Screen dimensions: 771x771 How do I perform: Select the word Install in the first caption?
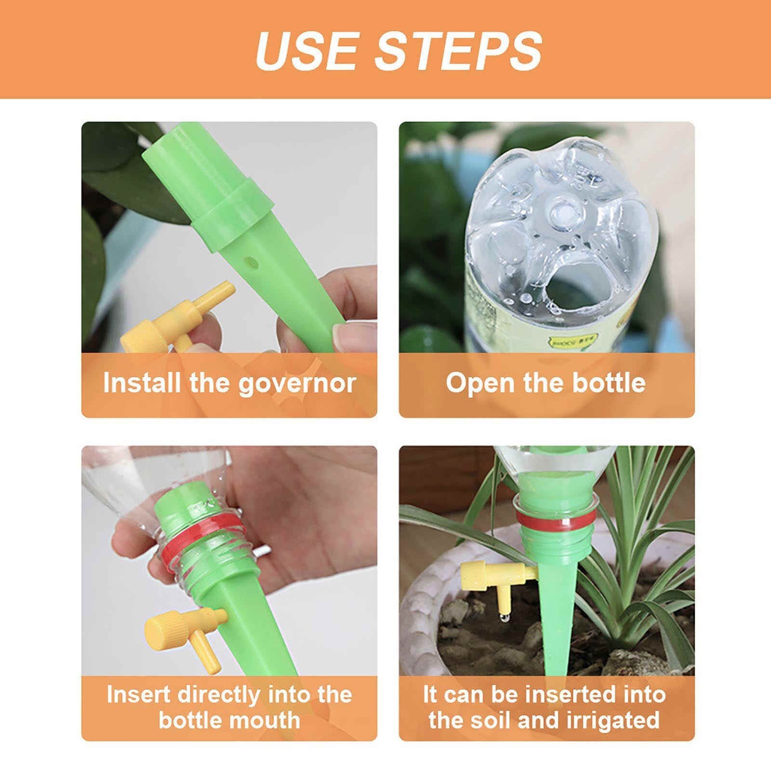(x=142, y=384)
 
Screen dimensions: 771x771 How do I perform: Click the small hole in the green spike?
(x=251, y=262)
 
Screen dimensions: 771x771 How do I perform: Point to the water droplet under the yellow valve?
(x=503, y=618)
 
